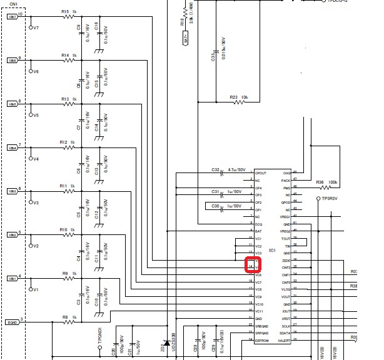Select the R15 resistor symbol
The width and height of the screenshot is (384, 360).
[69, 17]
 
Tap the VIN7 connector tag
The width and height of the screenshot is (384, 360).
[12, 17]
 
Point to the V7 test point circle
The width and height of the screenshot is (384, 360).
[31, 27]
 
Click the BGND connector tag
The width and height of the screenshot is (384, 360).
[12, 322]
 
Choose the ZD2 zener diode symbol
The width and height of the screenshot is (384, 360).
[166, 343]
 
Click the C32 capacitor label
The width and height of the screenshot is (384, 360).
[215, 170]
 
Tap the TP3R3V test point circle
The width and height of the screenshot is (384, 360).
[318, 198]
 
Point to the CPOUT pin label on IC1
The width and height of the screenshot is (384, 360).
[261, 173]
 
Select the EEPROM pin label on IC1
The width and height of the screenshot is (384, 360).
[261, 341]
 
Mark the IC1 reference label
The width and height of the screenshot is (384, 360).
[272, 250]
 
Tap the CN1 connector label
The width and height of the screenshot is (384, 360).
[13, 4]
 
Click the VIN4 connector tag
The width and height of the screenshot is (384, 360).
[12, 148]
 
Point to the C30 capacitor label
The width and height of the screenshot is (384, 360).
[215, 205]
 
